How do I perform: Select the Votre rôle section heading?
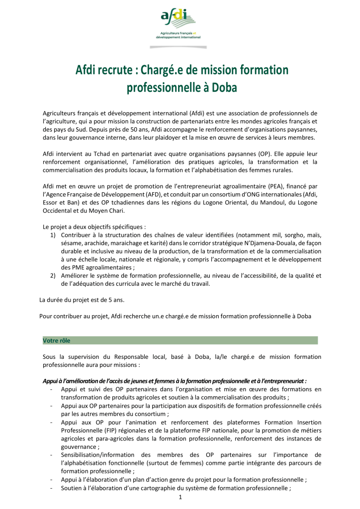coord(57,340)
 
